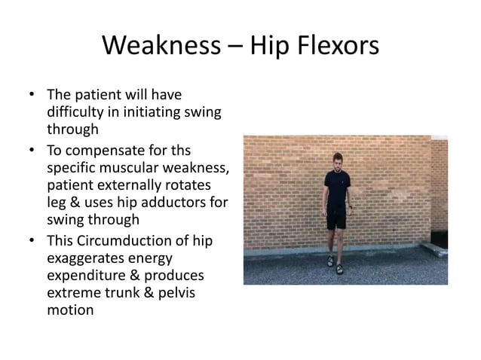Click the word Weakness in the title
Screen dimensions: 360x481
click(156, 47)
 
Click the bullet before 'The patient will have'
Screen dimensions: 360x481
click(31, 96)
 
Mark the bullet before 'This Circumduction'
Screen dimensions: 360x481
click(31, 240)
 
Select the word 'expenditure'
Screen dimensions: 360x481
click(82, 276)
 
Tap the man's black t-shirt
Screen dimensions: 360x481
click(336, 188)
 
